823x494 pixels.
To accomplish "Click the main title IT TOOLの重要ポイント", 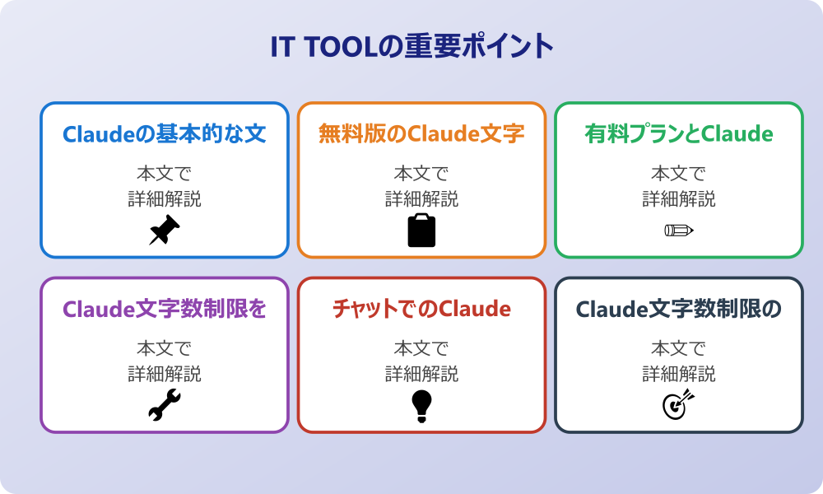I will [x=411, y=46].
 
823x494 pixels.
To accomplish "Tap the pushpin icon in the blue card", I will [x=165, y=231].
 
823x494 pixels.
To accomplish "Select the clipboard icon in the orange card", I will [x=421, y=231].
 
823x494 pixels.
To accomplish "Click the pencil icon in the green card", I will [x=679, y=230].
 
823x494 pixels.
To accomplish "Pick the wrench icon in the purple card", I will [x=165, y=405].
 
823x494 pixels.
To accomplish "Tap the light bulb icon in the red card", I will [x=421, y=405].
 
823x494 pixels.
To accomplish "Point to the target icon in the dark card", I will [x=679, y=404].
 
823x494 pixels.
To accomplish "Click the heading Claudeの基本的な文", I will [x=165, y=134].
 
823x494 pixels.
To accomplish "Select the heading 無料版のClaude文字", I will [x=421, y=134].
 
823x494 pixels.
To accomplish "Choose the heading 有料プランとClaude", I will [x=679, y=134].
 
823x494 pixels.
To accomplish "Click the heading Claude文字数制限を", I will [x=165, y=309].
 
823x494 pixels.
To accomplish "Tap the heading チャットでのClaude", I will [x=421, y=309].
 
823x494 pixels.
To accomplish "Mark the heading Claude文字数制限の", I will [x=679, y=309].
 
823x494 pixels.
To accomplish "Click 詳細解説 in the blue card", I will [x=165, y=199].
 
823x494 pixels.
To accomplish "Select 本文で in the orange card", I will [x=421, y=174].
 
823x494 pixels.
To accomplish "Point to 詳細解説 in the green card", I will [x=679, y=199].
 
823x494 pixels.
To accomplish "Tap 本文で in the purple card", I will [x=165, y=348].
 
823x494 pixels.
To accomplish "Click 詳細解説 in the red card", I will [x=421, y=374].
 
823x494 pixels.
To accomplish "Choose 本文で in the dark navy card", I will [x=679, y=348].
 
